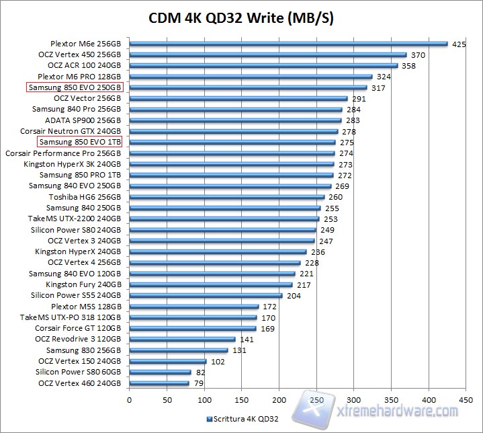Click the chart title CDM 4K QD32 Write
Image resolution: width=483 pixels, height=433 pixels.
(240, 17)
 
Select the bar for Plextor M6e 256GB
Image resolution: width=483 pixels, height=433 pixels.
(288, 44)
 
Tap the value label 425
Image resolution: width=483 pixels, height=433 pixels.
(459, 44)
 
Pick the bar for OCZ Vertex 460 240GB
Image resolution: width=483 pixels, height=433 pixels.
(159, 383)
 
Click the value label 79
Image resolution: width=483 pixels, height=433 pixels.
(200, 383)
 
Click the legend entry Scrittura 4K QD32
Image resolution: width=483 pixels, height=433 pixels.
(243, 419)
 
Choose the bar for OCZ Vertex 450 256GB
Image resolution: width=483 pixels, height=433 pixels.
(267, 55)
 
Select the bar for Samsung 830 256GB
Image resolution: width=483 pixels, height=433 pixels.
(178, 350)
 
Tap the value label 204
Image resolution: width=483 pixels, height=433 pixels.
(294, 295)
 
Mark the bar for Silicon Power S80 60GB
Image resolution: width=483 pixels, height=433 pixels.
(160, 372)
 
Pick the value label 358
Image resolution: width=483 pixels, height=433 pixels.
(408, 66)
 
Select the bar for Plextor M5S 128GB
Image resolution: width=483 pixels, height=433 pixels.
(193, 306)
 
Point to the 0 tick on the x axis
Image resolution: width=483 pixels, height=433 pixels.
(129, 399)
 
